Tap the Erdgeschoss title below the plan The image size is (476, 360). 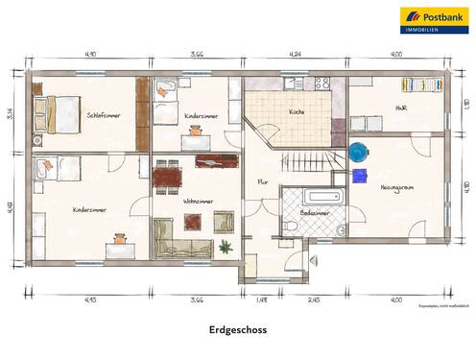238,330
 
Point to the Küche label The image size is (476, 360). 297,111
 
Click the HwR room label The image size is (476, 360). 400,108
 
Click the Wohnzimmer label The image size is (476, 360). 198,201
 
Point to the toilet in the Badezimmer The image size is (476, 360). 290,227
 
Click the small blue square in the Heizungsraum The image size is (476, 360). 359,175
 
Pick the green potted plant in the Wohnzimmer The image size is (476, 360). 226,248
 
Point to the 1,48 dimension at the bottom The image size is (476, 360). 261,300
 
